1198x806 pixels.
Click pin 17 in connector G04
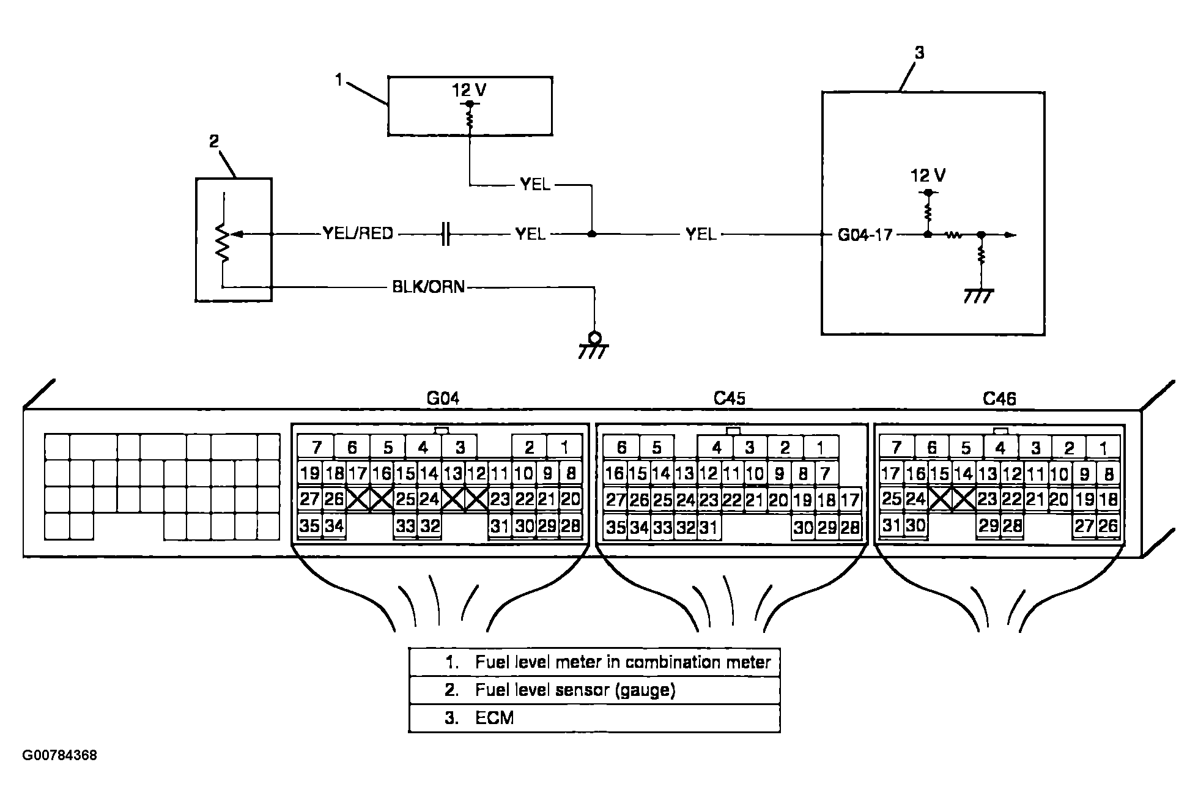[358, 473]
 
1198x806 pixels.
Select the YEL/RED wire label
[358, 234]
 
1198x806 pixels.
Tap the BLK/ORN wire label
[429, 287]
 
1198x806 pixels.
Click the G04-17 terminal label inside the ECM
[865, 234]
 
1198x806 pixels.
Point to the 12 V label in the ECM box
[928, 176]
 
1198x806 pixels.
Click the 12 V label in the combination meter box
[469, 91]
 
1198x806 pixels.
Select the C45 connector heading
[730, 399]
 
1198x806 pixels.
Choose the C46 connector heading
[999, 399]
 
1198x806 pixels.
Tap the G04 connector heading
[443, 399]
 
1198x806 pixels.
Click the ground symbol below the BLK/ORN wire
[594, 346]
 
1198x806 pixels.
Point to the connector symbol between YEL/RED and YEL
[445, 234]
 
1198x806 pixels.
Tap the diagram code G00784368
[60, 755]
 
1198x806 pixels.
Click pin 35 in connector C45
[615, 527]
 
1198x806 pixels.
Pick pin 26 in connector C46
[1108, 525]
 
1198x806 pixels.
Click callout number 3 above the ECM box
[919, 53]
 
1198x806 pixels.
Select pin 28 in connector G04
[570, 525]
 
